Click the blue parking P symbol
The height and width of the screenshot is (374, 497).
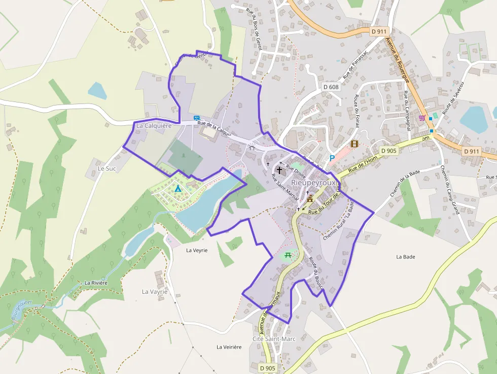pos(332,158)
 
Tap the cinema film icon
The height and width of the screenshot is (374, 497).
pos(354,144)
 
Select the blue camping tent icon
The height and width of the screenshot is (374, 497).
pos(177,189)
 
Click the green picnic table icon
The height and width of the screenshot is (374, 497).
pos(288,255)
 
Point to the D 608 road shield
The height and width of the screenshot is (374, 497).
pos(331,87)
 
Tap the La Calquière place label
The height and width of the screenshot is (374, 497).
pos(154,125)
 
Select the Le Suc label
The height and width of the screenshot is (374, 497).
pos(108,168)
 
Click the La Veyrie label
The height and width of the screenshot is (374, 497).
pos(197,250)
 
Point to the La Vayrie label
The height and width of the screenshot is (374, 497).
pos(155,292)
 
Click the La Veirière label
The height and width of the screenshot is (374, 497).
pos(229,347)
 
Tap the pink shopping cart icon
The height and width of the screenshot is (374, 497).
pos(421,118)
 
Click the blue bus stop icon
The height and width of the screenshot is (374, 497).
pos(196,118)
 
